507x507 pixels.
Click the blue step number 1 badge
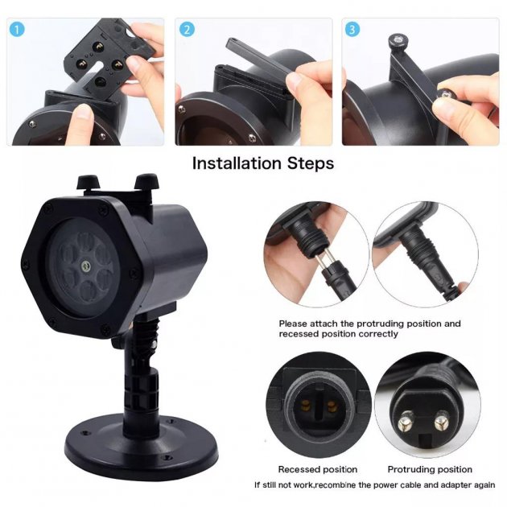(19, 30)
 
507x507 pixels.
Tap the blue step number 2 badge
(187, 30)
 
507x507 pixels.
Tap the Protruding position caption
(430, 469)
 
